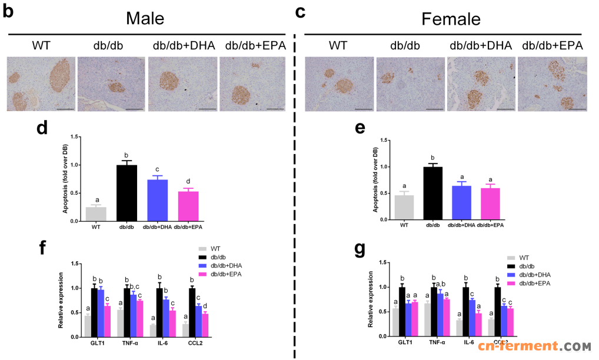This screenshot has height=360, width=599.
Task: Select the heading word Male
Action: point(145,18)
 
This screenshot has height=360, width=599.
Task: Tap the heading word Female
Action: point(451,19)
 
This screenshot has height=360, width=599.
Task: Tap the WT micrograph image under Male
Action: point(41,84)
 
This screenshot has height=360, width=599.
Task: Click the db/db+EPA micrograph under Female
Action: point(553,84)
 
